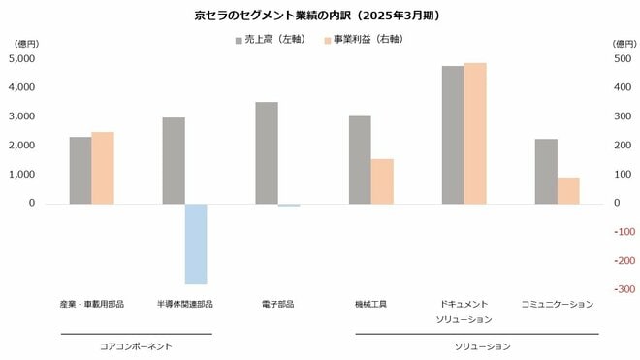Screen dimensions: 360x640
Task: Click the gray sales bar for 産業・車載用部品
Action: coord(80,170)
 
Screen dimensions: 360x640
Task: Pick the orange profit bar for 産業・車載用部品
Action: coord(103,168)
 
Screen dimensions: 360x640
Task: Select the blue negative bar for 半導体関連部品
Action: coord(196,244)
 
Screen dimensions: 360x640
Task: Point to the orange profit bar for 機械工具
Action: coord(382,180)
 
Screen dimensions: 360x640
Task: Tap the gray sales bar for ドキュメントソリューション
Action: coord(453,135)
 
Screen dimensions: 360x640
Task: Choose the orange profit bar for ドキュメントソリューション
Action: coord(475,133)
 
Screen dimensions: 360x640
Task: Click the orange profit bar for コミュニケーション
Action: coord(568,190)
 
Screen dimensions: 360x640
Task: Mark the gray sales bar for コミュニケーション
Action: coord(546,171)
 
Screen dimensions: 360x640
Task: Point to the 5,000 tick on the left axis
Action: coord(21,58)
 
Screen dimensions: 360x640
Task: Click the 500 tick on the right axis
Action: coord(623,58)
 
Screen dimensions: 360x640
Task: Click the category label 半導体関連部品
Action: coord(185,304)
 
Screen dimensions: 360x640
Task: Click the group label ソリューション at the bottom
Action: coord(482,345)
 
